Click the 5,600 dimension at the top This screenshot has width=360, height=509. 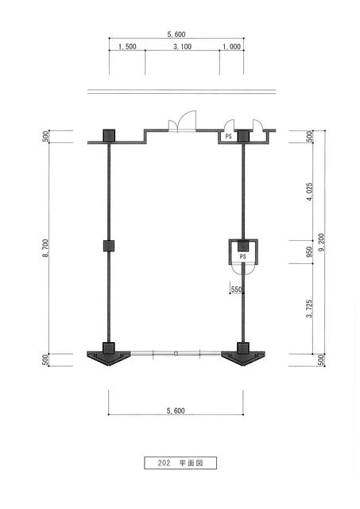tap(176, 34)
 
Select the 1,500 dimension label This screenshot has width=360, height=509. tap(127, 47)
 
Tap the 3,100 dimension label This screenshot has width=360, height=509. tap(182, 47)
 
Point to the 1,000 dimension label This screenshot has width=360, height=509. tap(231, 47)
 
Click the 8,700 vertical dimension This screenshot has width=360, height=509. tap(45, 248)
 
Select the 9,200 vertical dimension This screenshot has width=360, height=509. tap(321, 243)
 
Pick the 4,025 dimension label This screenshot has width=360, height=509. tap(310, 192)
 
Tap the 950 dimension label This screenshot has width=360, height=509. tap(310, 252)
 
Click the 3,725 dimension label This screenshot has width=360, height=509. tap(310, 309)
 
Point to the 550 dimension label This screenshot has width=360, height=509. tap(237, 289)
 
